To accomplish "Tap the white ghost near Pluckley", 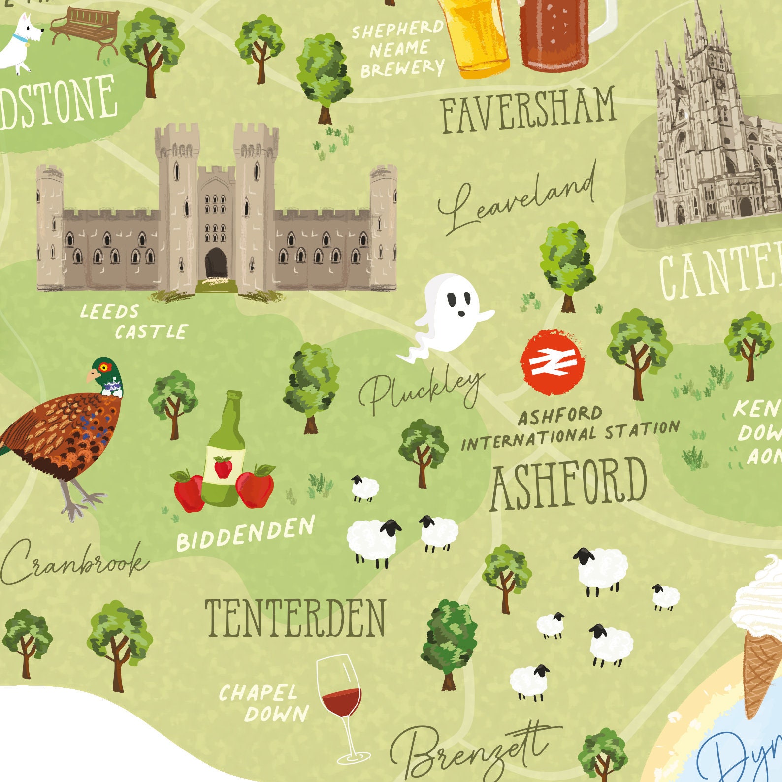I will tap(451, 315).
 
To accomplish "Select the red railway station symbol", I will tap(553, 362).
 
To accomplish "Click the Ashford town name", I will tap(568, 485).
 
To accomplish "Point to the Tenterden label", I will tap(295, 619).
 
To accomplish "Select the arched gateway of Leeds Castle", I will tap(216, 263).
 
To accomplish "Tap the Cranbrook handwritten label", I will tap(74, 561).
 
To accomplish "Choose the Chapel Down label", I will tap(263, 703).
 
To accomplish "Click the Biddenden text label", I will tap(245, 534).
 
